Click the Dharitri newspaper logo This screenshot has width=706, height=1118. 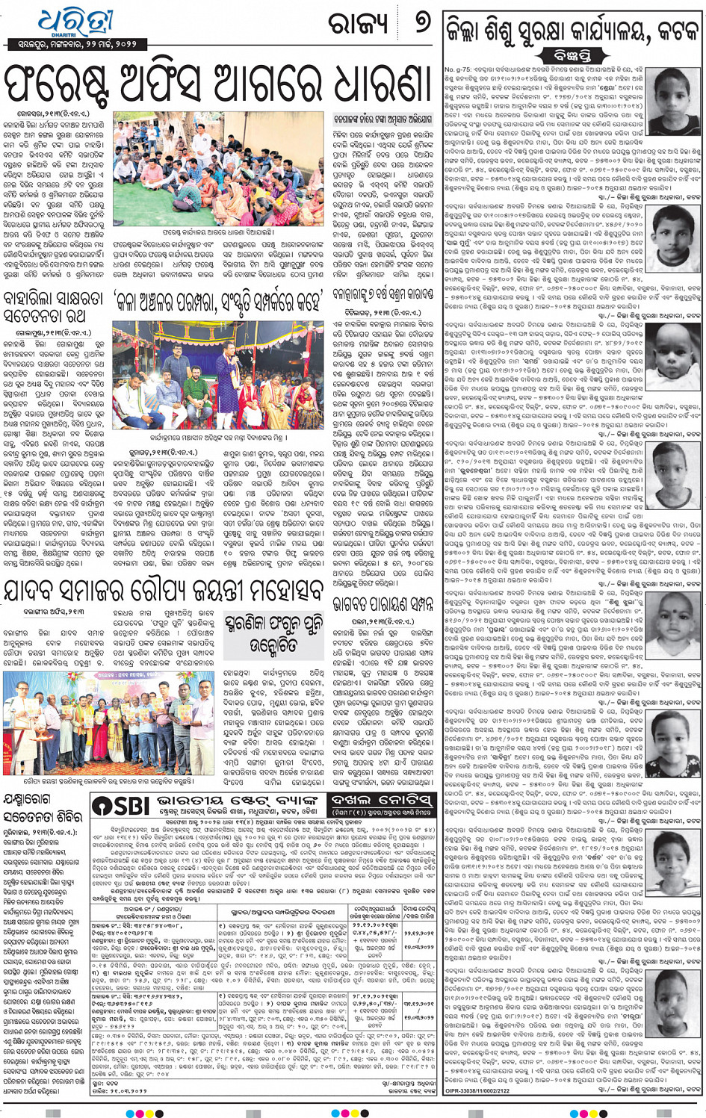tap(75, 22)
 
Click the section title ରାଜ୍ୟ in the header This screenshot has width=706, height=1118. tap(360, 25)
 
